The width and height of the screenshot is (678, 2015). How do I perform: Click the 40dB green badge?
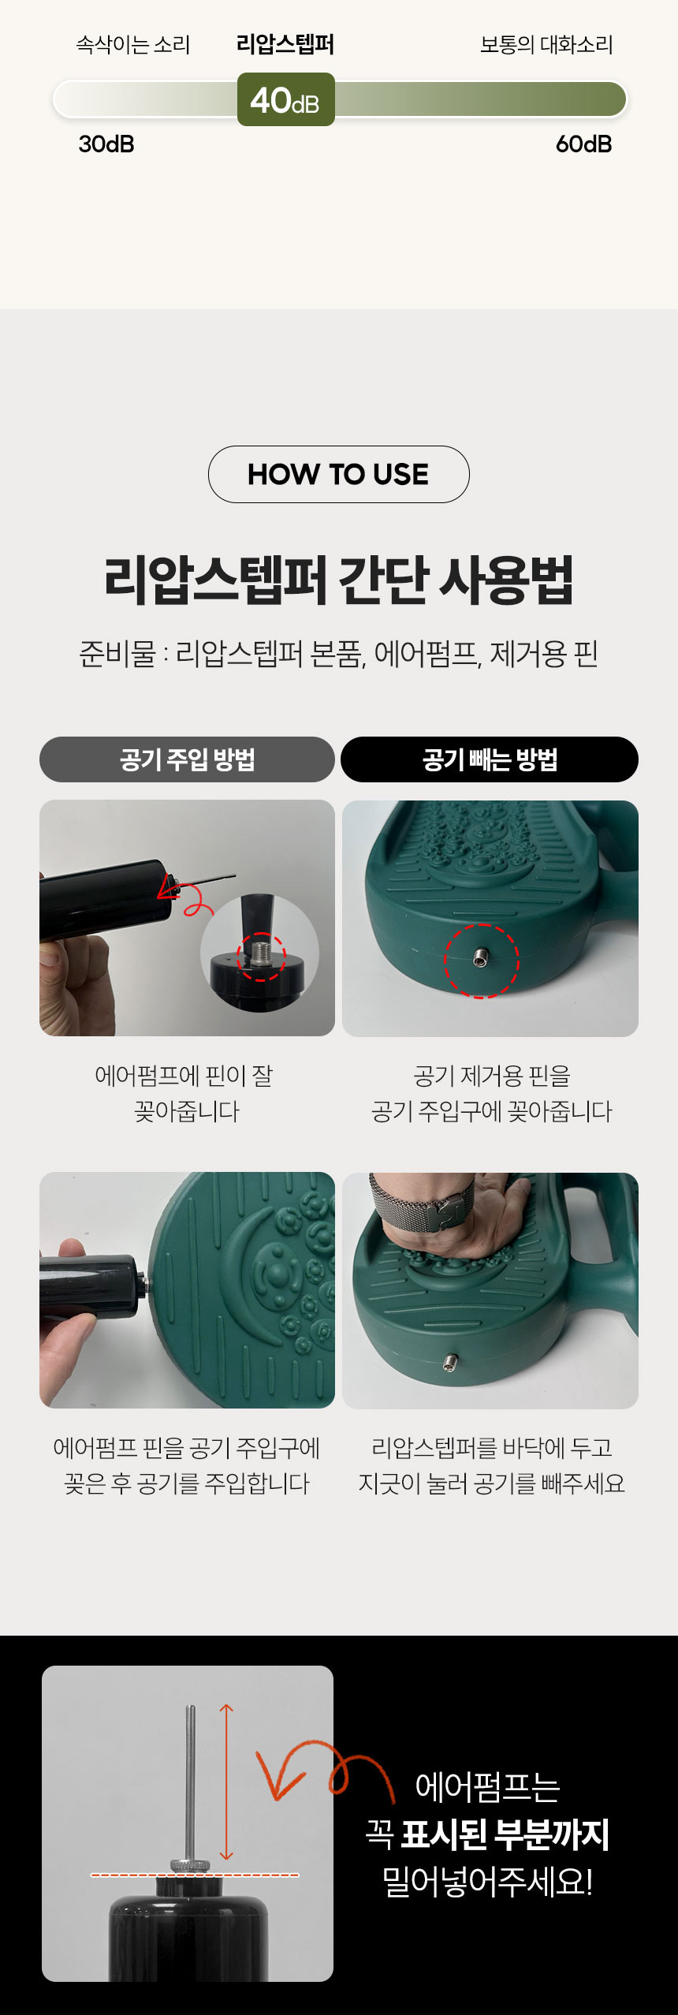click(x=286, y=99)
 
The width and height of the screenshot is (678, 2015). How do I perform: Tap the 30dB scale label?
click(x=106, y=144)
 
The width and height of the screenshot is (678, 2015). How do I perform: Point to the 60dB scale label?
click(x=583, y=144)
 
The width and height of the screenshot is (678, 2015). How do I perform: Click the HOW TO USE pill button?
click(x=339, y=474)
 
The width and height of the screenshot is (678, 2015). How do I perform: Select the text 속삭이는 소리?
click(x=133, y=45)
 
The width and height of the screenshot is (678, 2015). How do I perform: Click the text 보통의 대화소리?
click(x=546, y=45)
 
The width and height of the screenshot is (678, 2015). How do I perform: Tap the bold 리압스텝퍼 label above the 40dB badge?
click(x=285, y=44)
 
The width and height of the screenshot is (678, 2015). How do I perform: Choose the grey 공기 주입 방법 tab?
click(x=188, y=759)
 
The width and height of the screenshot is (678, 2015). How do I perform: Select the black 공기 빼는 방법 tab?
click(x=490, y=759)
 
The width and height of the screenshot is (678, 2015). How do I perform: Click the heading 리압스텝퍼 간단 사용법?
click(x=339, y=580)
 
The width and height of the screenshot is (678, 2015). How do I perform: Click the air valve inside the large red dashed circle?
click(x=480, y=959)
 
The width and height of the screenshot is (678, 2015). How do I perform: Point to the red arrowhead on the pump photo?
click(x=169, y=886)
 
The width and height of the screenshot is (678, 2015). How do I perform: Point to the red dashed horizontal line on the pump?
click(x=195, y=1875)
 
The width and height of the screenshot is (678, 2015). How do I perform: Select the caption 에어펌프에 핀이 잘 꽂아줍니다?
click(x=185, y=1094)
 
